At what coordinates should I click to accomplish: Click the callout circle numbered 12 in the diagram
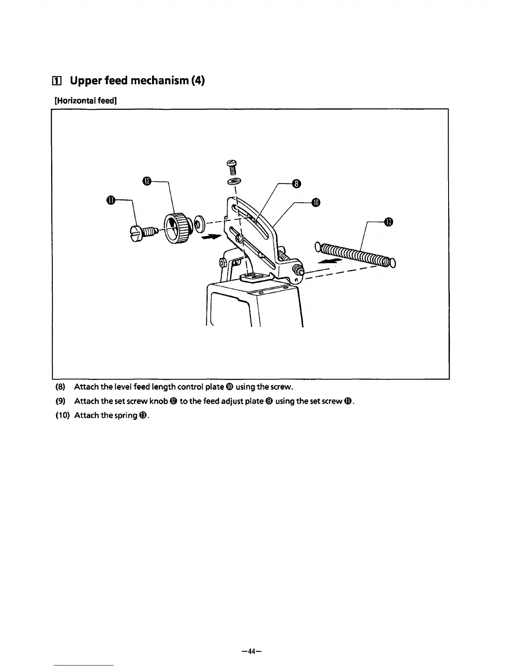(x=147, y=181)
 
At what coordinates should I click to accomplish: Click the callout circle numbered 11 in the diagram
(x=110, y=200)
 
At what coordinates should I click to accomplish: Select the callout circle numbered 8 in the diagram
(x=297, y=183)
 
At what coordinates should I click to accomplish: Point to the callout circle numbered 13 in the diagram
(x=389, y=221)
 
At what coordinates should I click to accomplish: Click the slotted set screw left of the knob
(x=142, y=232)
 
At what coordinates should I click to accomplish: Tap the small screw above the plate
(x=232, y=167)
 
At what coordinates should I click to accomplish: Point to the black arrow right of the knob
(x=212, y=237)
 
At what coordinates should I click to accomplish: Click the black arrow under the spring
(x=329, y=262)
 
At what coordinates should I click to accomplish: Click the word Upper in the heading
(x=86, y=80)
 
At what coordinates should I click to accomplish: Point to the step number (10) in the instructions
(x=63, y=415)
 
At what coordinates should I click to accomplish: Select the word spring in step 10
(x=125, y=415)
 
